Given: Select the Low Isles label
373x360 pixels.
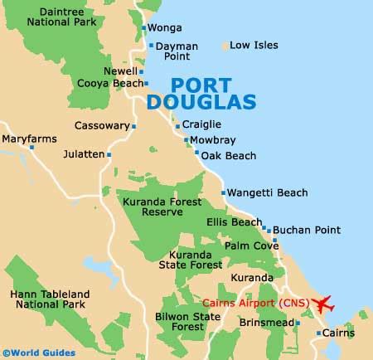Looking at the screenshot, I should (x=253, y=45).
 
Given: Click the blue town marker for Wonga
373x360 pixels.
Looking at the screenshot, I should (x=144, y=27).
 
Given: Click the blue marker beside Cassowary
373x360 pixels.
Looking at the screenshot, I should (x=133, y=126).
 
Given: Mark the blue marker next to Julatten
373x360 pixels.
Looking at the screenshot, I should (x=109, y=154).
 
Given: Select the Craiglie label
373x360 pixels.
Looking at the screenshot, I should (x=203, y=125).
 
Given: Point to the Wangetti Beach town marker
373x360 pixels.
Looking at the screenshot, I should (x=223, y=192).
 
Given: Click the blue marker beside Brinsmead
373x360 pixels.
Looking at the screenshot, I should (x=297, y=322).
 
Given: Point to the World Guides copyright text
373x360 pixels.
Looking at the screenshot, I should (x=36, y=353).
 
